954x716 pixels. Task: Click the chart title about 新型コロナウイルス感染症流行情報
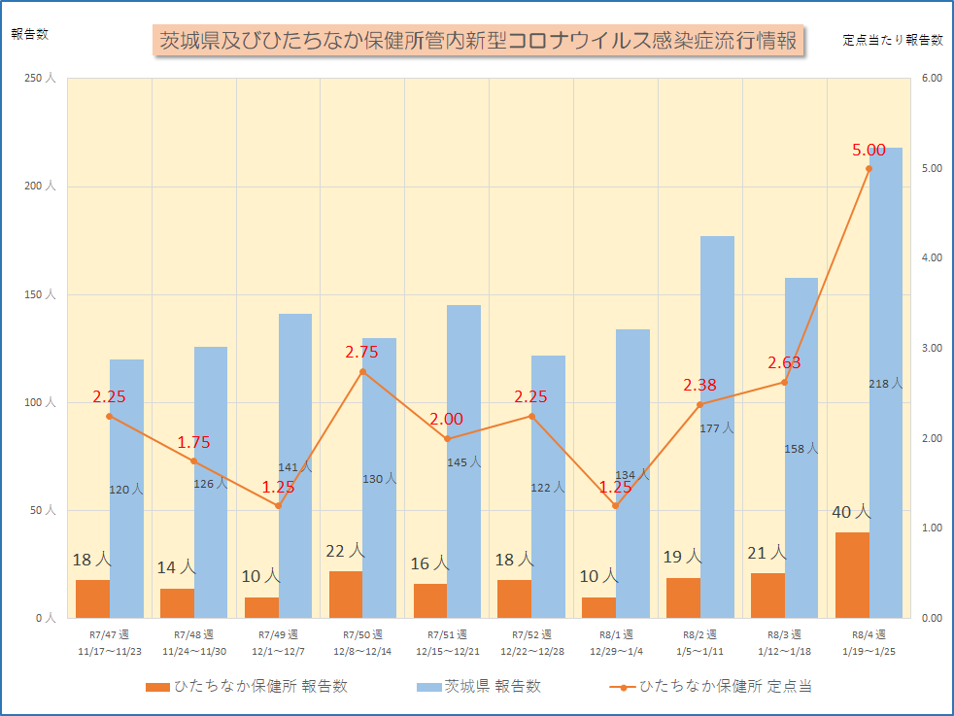478,41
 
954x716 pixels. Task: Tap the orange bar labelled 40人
852,575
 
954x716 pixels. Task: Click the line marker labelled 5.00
869,168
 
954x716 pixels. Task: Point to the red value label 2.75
361,353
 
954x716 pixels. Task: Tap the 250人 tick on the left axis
39,79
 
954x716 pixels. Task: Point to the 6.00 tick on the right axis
932,79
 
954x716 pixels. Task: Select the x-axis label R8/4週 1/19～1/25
869,642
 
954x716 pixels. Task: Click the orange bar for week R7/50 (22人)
346,595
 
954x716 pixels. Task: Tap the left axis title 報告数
29,33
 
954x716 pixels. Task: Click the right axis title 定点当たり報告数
893,40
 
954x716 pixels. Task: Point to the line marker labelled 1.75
193,461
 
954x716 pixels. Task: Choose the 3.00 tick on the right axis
932,348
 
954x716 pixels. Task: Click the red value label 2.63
784,362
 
